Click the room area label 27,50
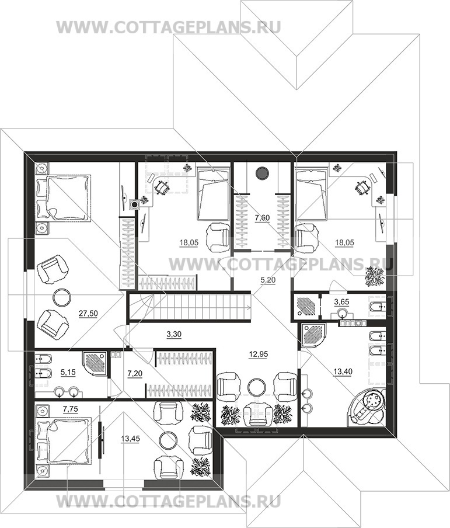(88, 314)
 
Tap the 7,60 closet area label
(262, 218)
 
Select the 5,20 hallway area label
(267, 279)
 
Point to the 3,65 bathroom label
(341, 302)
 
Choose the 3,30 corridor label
(174, 334)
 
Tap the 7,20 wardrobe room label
(135, 374)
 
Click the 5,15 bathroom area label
(68, 372)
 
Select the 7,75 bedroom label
(71, 409)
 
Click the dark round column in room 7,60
(263, 173)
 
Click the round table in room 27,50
(62, 298)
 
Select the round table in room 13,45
(168, 440)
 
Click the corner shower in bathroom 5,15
(95, 364)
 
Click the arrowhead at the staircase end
(248, 307)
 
